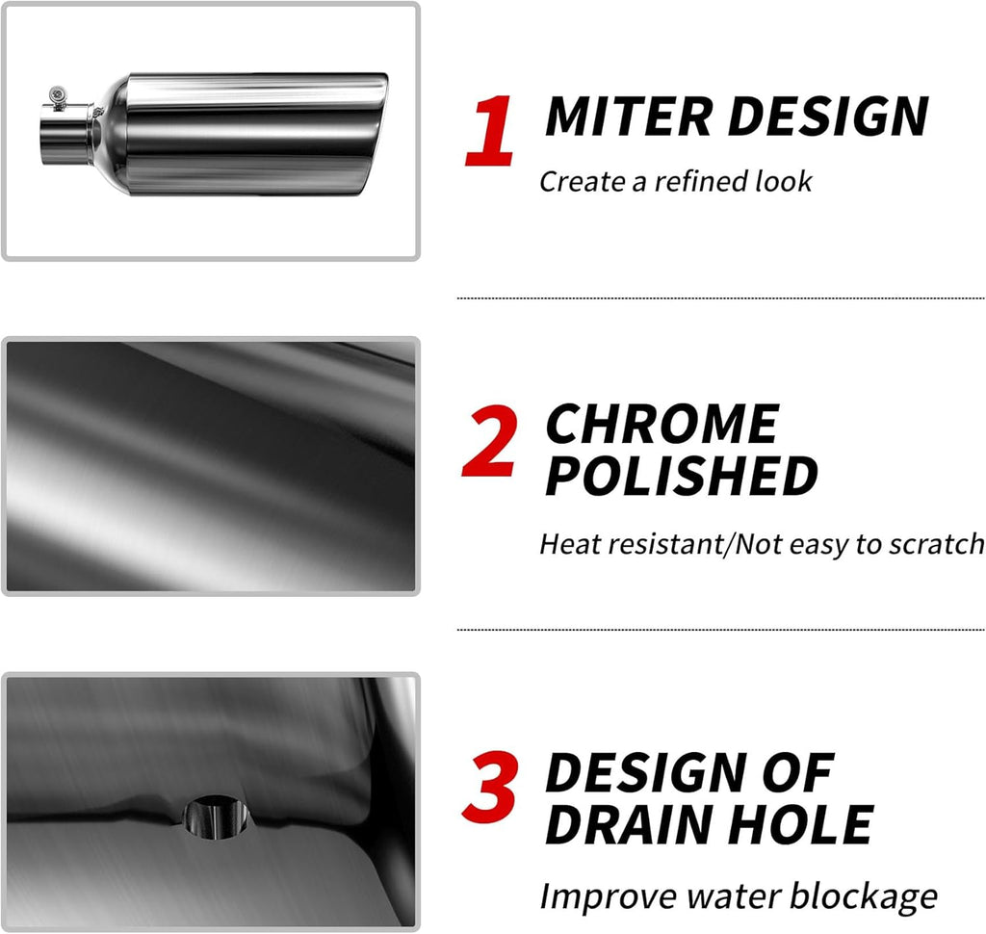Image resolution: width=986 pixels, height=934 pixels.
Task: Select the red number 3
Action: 491,789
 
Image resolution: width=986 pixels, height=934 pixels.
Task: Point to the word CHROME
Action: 662,425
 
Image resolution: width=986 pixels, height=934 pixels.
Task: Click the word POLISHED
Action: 682,476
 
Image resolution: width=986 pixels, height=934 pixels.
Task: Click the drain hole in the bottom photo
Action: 216,816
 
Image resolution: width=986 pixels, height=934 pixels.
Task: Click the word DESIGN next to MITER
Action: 828,117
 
